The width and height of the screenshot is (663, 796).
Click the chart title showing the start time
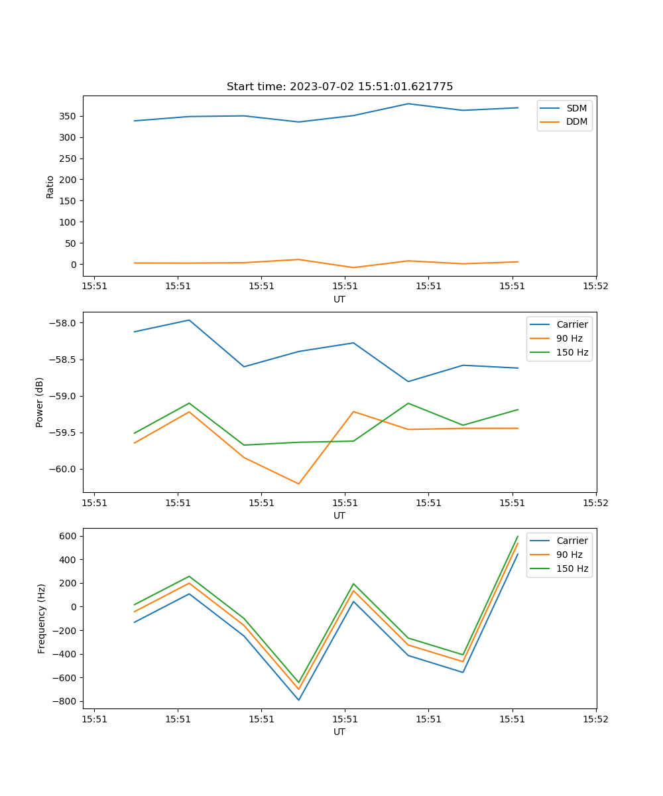point(339,87)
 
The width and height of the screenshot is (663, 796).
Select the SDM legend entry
point(576,108)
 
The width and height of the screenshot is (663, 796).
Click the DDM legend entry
point(576,121)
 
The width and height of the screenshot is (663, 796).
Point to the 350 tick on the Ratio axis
point(69,116)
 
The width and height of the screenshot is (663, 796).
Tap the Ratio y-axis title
point(50,186)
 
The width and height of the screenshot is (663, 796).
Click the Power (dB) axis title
point(40,402)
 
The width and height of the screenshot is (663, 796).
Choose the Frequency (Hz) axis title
point(42,618)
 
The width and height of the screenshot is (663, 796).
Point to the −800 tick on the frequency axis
point(66,701)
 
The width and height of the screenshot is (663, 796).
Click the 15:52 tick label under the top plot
point(595,287)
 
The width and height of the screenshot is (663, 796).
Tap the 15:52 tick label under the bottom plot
point(595,719)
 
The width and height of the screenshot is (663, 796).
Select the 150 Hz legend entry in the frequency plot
point(572,568)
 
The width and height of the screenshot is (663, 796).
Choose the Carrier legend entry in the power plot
point(572,324)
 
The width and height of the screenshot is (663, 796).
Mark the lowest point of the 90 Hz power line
point(298,484)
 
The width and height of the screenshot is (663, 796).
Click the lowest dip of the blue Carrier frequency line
point(298,700)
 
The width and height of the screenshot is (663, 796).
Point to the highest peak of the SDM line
point(408,103)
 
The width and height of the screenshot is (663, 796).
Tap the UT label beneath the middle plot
point(339,515)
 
